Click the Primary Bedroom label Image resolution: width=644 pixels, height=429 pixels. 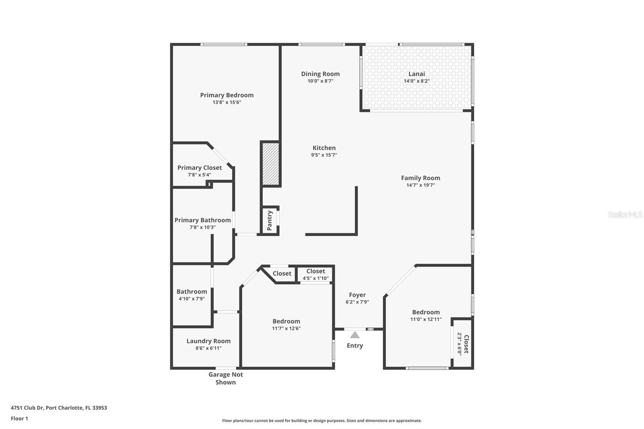227,95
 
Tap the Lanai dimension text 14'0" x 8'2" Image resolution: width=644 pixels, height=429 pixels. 417,81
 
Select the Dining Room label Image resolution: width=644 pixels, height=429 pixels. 320,74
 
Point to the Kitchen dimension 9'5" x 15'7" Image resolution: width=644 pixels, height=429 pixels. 324,155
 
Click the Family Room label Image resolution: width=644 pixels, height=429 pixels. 421,178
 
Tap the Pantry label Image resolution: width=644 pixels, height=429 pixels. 270,220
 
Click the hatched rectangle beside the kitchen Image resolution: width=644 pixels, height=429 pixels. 270,164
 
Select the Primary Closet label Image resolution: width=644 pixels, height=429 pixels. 200,167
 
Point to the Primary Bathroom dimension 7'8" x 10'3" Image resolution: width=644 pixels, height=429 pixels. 202,227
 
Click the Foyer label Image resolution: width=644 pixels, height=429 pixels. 357,295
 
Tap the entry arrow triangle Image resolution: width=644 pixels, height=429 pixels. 355,335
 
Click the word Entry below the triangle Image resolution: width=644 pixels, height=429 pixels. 355,346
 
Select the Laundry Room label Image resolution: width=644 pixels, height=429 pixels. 208,341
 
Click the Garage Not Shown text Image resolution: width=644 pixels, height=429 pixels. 225,378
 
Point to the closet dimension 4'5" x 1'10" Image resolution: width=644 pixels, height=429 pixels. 316,278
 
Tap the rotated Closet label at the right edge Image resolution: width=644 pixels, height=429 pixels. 466,344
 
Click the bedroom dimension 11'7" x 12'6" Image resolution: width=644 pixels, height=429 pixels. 286,328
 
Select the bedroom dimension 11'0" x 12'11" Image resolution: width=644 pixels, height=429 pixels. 426,319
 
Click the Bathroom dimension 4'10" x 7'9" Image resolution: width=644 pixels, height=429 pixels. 192,299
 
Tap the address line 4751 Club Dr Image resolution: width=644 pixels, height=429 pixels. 59,408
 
